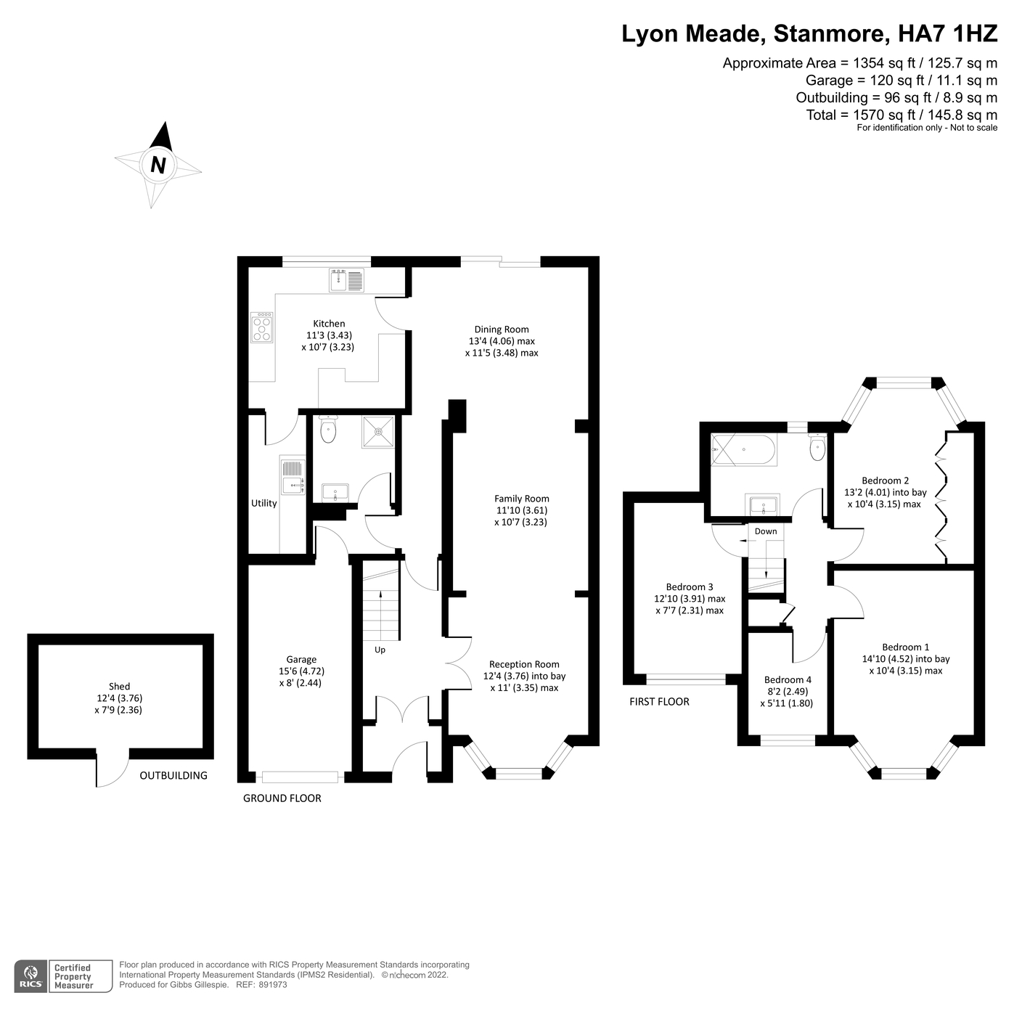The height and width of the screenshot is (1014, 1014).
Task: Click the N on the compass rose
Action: (x=158, y=165)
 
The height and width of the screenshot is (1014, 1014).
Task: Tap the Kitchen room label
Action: (x=329, y=324)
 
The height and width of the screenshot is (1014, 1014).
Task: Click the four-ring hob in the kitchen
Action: (x=262, y=327)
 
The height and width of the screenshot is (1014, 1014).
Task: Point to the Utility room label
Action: (x=263, y=503)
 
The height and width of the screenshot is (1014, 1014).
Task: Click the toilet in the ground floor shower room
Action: (x=328, y=430)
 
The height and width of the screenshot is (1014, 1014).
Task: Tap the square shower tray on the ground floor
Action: (x=378, y=431)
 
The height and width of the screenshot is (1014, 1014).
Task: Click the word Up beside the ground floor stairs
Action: (x=380, y=650)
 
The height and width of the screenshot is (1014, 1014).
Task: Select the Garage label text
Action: (x=301, y=659)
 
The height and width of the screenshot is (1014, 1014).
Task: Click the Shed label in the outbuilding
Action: (x=120, y=686)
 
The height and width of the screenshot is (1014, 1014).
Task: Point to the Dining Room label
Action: (x=502, y=329)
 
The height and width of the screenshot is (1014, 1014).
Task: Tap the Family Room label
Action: (x=521, y=499)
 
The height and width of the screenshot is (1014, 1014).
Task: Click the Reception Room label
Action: (x=524, y=664)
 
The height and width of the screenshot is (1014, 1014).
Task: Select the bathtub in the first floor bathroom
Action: (x=744, y=450)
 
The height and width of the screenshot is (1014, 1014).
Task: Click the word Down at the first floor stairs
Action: (x=765, y=531)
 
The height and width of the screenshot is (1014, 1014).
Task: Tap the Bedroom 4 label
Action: (x=788, y=680)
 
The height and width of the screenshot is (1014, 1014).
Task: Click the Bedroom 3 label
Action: (x=689, y=586)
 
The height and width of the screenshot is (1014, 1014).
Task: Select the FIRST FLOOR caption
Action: (x=659, y=701)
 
